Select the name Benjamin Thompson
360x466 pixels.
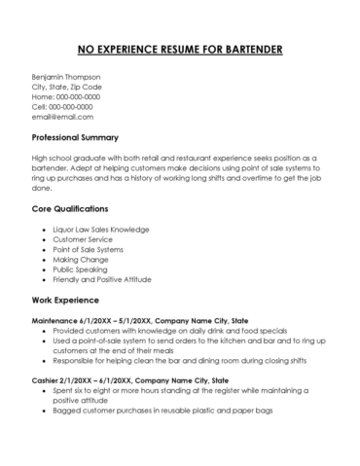66,76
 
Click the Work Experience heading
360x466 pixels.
70,300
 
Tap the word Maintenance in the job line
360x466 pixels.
57,320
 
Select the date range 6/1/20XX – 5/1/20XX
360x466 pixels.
121,320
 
